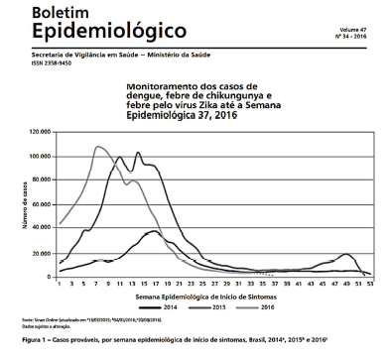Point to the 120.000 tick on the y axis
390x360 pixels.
coord(39,131)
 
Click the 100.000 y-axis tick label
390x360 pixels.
coord(39,156)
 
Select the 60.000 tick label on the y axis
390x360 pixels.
coord(41,204)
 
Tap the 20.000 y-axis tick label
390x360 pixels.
coord(41,253)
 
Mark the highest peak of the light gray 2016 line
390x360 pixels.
coord(97,147)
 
